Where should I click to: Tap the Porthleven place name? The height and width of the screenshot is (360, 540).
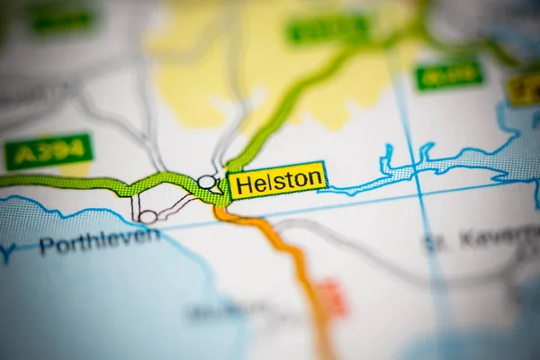click(x=99, y=240)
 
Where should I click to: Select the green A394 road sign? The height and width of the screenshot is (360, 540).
click(x=49, y=151)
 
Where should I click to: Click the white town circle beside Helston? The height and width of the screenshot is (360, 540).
click(x=207, y=183)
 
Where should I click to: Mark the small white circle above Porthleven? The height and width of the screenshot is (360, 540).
click(x=148, y=216)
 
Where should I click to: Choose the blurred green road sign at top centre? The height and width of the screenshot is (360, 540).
click(x=328, y=29)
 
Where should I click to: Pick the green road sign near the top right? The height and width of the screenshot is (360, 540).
click(x=448, y=75)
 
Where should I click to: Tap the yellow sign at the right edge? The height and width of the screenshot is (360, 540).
click(x=524, y=88)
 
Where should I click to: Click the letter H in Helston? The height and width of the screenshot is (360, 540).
click(x=240, y=181)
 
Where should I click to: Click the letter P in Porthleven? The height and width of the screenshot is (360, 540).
click(x=45, y=246)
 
